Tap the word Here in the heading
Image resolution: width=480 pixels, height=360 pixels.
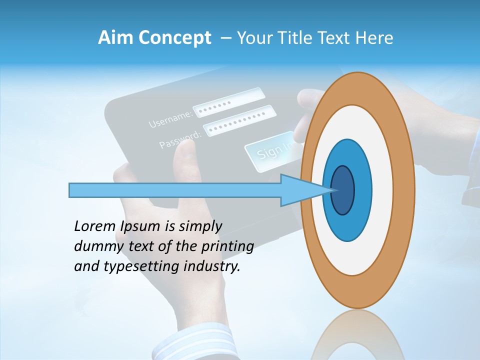click(x=374, y=38)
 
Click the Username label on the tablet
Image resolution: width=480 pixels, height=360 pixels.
click(x=170, y=118)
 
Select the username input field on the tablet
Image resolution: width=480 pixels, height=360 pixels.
click(x=228, y=102)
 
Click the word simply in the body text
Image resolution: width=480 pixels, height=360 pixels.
click(x=199, y=226)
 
